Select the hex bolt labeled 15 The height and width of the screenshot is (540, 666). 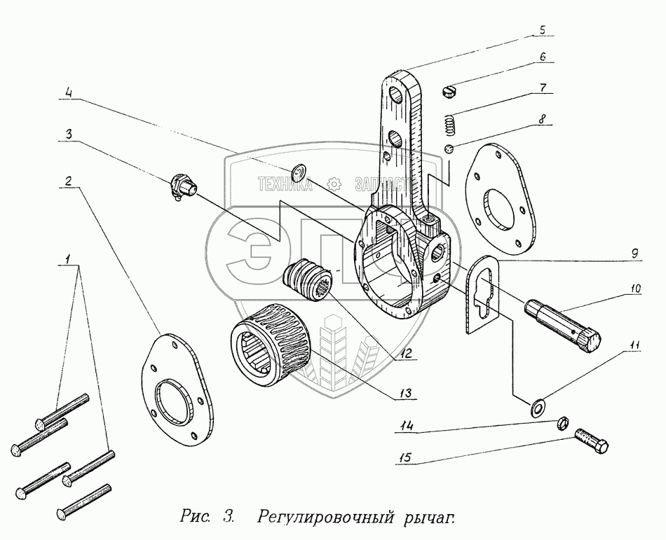592,441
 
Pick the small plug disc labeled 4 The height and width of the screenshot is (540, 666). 299,171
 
